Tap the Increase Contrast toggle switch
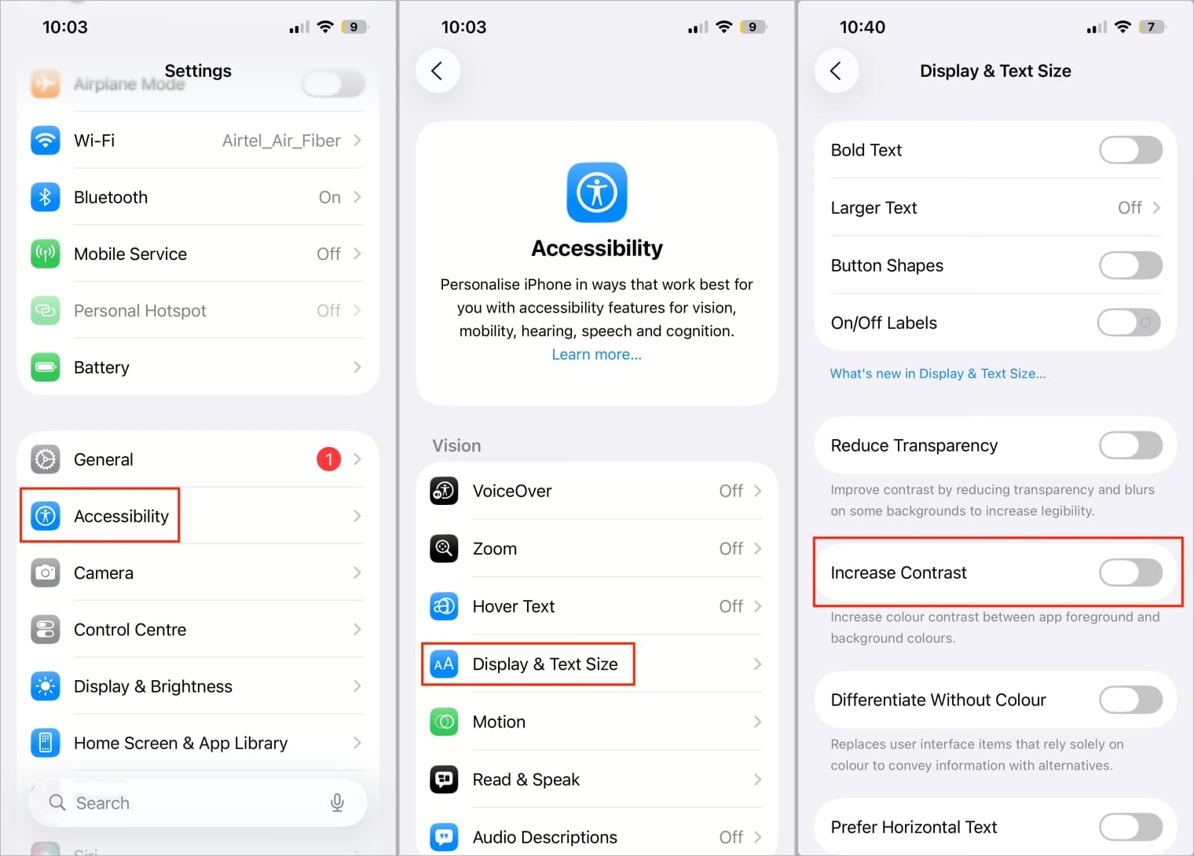(x=1130, y=572)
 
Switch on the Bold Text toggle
(x=1130, y=150)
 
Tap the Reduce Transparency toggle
(x=1130, y=445)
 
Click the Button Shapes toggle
(x=1130, y=265)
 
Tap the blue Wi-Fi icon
(x=46, y=141)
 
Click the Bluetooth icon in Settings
(x=46, y=197)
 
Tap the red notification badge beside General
(x=328, y=459)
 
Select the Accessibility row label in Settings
(x=121, y=516)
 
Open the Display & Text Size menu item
(x=544, y=664)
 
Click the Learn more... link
(x=596, y=354)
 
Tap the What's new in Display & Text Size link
(x=937, y=374)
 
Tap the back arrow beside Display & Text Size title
(x=836, y=71)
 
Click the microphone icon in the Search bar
(x=337, y=803)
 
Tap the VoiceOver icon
(x=445, y=491)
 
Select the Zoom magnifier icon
(x=445, y=548)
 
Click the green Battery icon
(x=46, y=367)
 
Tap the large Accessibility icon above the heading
(x=597, y=192)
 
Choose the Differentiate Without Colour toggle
(x=1130, y=700)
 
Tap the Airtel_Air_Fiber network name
(x=281, y=141)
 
